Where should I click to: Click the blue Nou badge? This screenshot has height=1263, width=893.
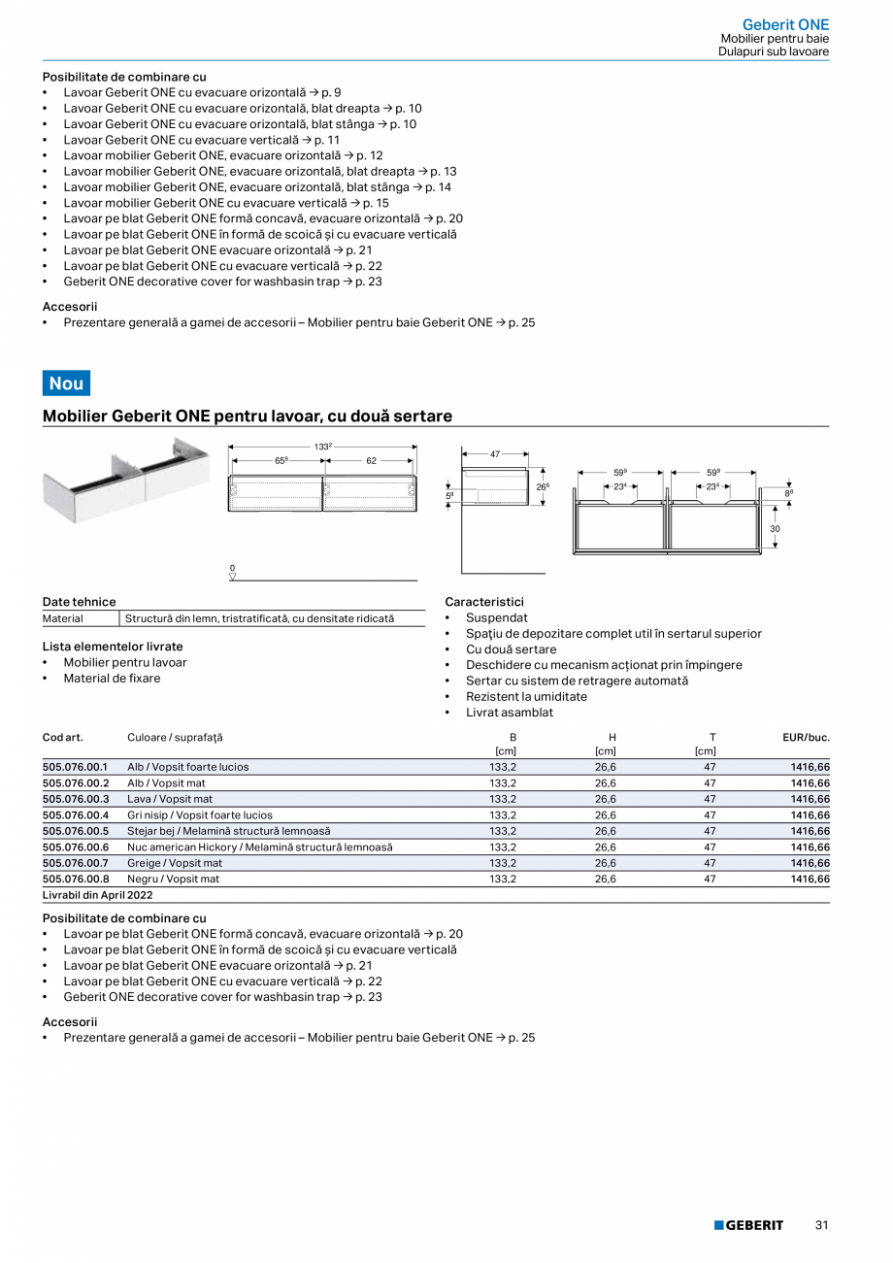66,382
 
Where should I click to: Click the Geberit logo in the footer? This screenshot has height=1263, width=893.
748,1225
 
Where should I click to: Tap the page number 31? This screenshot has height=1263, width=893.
821,1225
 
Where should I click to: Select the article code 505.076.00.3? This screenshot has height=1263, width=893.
76,799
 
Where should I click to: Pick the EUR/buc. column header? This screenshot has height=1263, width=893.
806,738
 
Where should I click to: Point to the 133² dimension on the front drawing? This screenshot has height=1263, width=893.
323,447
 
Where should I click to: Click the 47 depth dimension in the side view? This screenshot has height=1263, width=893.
494,453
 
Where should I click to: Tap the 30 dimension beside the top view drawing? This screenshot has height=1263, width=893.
775,529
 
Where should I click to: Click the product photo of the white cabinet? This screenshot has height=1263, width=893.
126,479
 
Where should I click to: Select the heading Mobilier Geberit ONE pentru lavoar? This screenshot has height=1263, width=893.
248,415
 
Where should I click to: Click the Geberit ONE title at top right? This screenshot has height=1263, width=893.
785,24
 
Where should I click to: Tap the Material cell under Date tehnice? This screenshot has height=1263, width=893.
63,618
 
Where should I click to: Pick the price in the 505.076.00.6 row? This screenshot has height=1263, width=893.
810,847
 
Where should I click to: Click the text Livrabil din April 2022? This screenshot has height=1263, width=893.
97,895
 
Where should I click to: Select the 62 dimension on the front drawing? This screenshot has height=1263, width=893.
371,461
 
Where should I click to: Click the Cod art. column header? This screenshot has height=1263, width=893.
62,738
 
